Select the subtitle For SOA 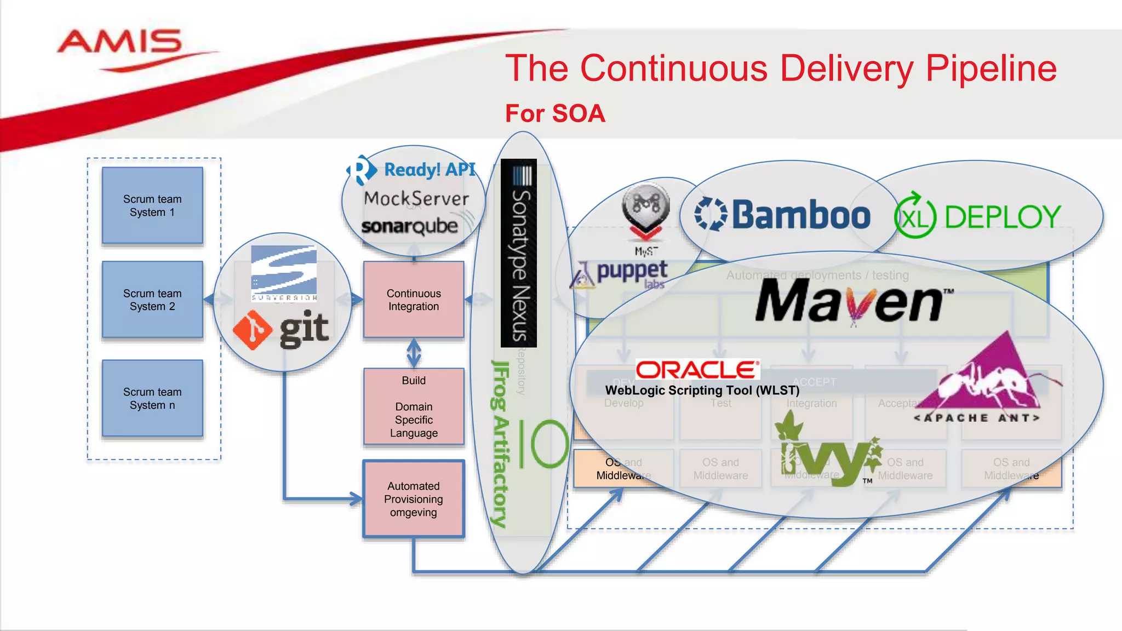tap(554, 114)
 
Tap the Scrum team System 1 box tap(152, 205)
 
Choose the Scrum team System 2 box tap(152, 300)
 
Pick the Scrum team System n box tap(152, 398)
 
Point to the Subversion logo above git tap(284, 273)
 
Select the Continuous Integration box tap(414, 300)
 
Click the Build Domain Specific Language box tap(414, 406)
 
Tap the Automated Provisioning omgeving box tap(414, 499)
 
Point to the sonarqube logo tap(410, 226)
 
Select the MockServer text tap(416, 198)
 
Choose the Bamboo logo tap(782, 215)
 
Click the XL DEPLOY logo tap(977, 217)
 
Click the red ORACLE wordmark tap(697, 370)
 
